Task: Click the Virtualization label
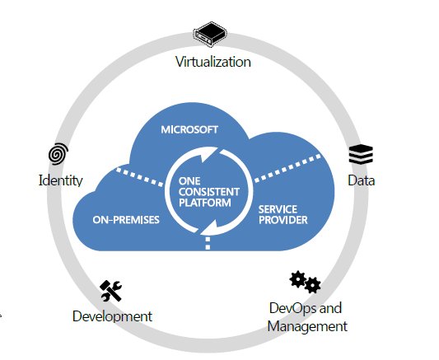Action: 213,62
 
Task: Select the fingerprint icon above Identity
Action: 58,154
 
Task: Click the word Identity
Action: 61,180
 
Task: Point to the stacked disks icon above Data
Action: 361,153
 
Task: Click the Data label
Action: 361,180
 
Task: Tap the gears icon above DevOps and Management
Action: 305,282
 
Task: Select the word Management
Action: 307,326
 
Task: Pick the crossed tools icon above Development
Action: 111,290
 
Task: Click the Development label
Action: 112,316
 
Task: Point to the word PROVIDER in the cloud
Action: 283,220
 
